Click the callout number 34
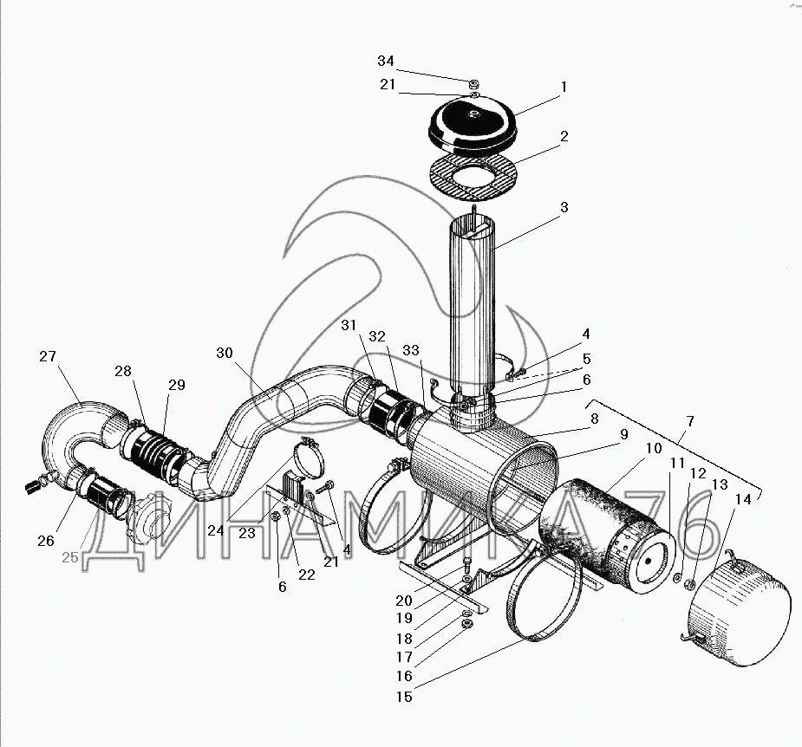pos(386,61)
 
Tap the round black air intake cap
pos(473,124)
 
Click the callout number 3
pos(564,207)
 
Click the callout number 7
pos(690,421)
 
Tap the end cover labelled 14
pos(734,611)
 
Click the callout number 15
pos(404,697)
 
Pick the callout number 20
pos(403,601)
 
